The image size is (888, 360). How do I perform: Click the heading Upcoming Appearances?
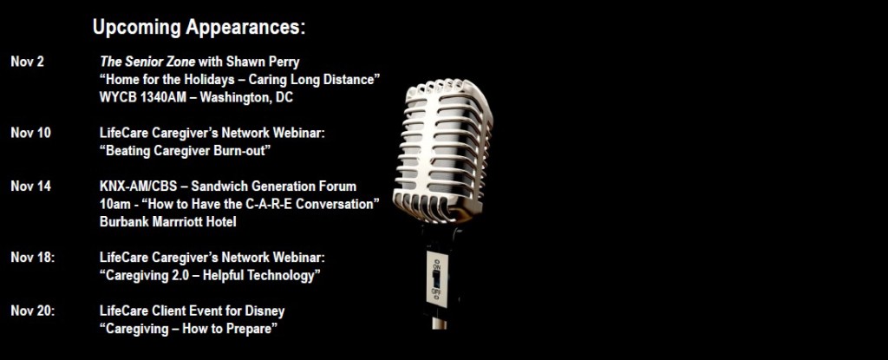pos(199,28)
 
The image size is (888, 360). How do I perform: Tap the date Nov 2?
pos(27,62)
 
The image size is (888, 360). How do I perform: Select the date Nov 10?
pos(30,133)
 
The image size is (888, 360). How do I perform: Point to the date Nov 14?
pos(30,186)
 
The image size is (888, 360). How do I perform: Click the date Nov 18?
pos(33,258)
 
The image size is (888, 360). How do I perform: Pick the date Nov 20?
pos(33,311)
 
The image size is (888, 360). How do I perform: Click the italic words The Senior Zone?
pos(147,62)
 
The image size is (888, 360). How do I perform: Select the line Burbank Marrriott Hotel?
pos(167,222)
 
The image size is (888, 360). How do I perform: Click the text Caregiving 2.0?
pos(147,276)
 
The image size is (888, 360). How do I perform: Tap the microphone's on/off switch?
pos(436,278)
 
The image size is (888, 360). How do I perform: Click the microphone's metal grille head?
pos(443,150)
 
